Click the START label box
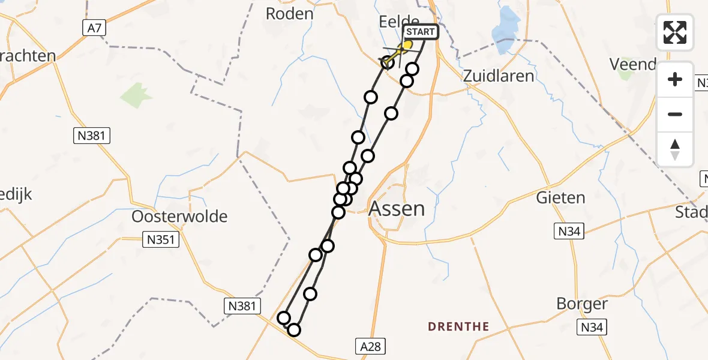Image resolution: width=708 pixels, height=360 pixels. pyautogui.click(x=422, y=32)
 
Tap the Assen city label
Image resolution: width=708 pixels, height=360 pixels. pyautogui.click(x=397, y=209)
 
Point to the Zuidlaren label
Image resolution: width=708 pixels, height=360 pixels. pyautogui.click(x=499, y=76)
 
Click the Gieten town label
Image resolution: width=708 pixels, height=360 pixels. pyautogui.click(x=560, y=197)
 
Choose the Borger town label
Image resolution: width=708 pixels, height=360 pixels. pyautogui.click(x=581, y=304)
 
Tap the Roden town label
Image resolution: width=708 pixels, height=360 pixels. pyautogui.click(x=290, y=14)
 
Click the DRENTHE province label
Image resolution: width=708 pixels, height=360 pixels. pyautogui.click(x=458, y=327)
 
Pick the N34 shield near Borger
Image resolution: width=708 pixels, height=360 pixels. pyautogui.click(x=592, y=327)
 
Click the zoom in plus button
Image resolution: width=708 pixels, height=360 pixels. pyautogui.click(x=675, y=79)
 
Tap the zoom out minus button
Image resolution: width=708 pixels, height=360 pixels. pyautogui.click(x=675, y=114)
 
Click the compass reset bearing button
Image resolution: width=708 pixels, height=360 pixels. pyautogui.click(x=675, y=149)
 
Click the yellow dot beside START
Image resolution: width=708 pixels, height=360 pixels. pyautogui.click(x=407, y=44)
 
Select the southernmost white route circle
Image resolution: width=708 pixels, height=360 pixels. pyautogui.click(x=294, y=329)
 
